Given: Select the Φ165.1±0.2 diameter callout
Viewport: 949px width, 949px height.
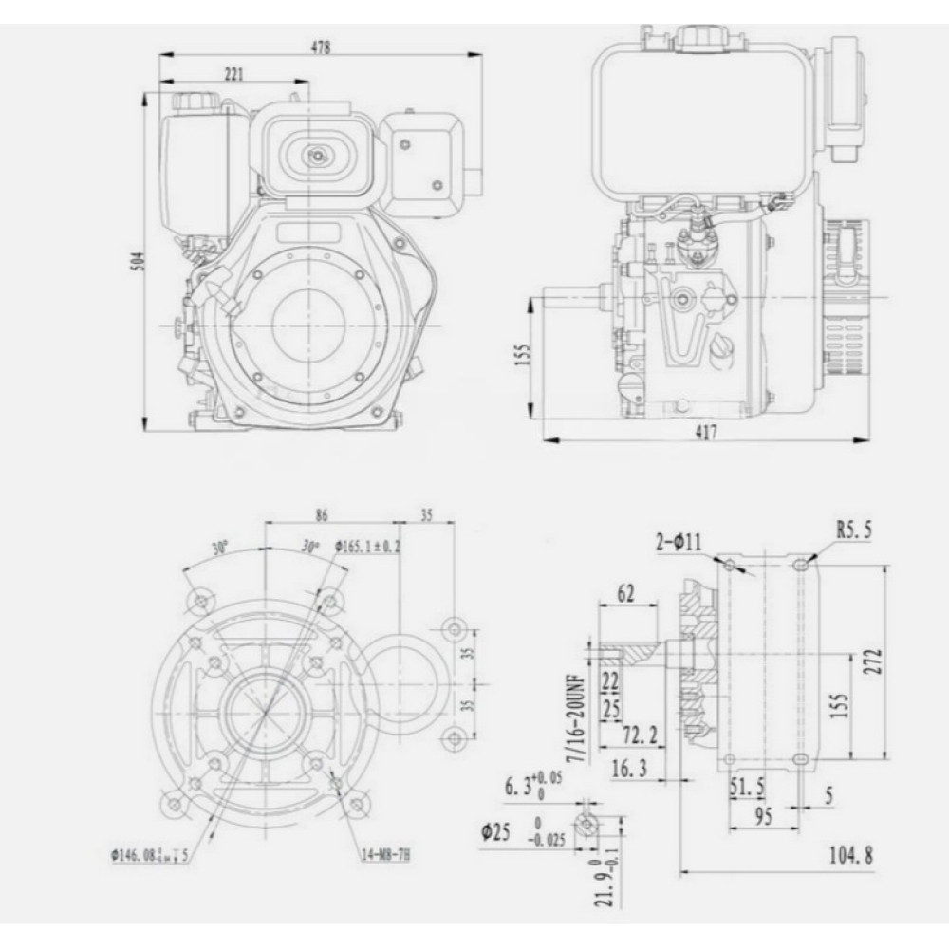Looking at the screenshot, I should click(367, 547).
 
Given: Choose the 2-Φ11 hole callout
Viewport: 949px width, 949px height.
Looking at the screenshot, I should click(678, 542).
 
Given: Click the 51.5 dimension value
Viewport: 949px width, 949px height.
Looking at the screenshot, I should click(747, 787).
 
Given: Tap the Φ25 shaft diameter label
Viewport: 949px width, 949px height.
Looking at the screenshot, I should click(497, 832).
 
